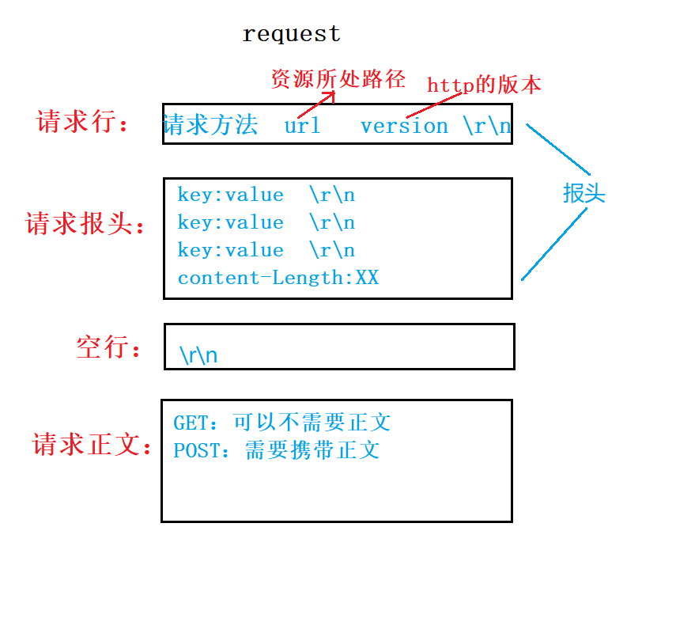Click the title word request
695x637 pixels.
291,34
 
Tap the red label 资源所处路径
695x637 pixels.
338,79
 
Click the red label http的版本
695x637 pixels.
484,85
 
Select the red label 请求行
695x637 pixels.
82,123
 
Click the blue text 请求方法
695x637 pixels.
210,125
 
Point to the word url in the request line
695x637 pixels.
302,126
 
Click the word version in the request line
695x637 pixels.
404,126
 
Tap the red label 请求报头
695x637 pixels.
86,224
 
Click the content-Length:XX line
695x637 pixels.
278,278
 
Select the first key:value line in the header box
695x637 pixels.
230,195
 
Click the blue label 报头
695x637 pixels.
584,193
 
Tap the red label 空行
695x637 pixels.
108,347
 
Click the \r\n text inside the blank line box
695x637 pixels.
198,355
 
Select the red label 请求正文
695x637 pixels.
92,445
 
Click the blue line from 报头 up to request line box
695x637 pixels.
558,149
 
